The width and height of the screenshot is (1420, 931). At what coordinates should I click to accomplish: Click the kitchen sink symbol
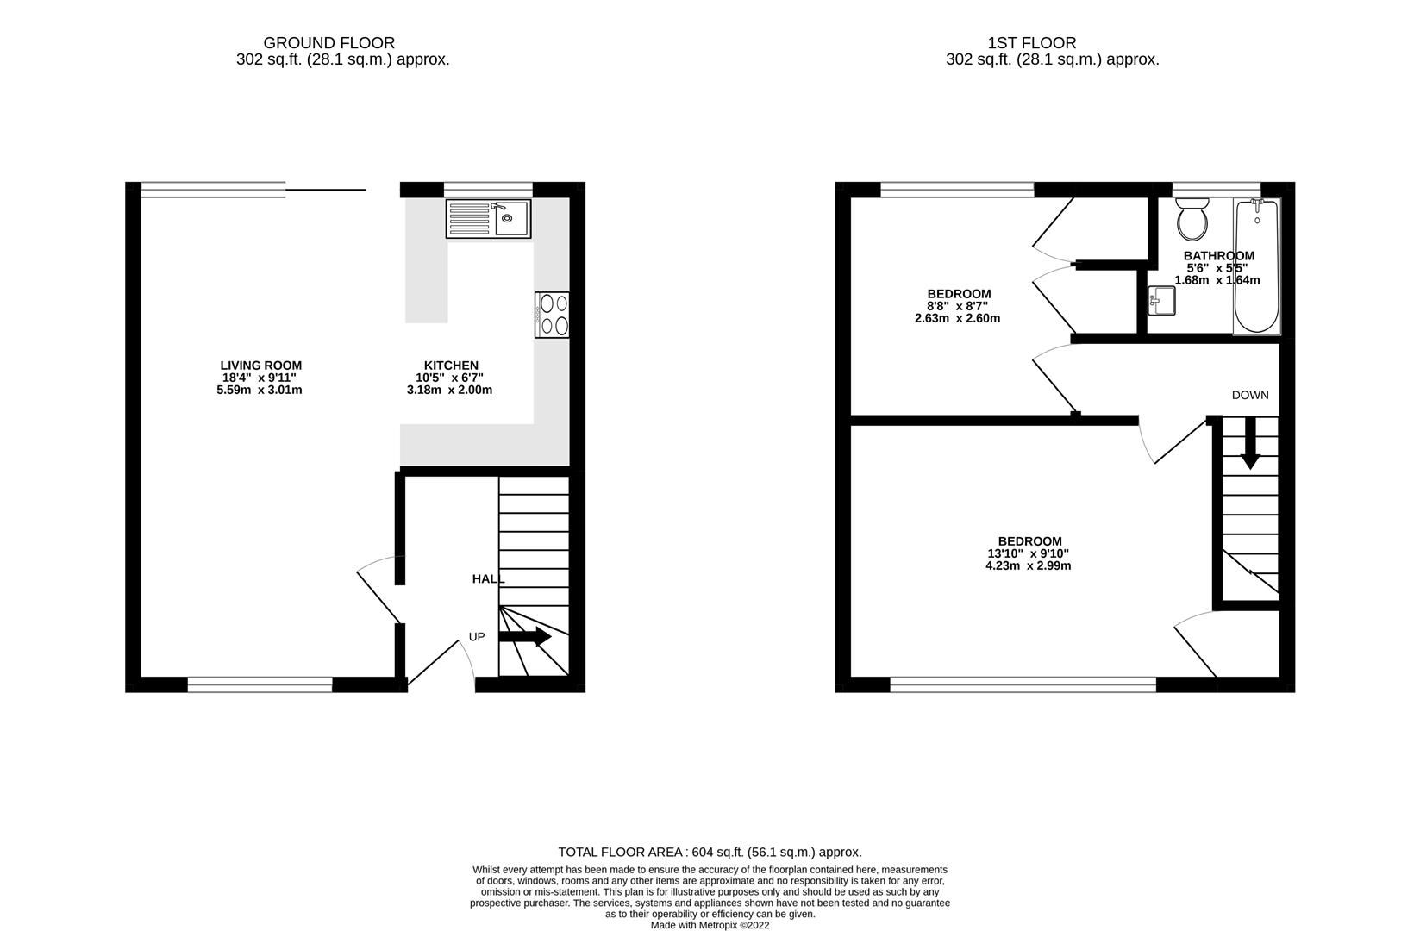tap(488, 218)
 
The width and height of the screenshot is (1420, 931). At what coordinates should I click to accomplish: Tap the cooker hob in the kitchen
tap(553, 315)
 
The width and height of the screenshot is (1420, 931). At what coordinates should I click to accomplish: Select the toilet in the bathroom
tap(1193, 220)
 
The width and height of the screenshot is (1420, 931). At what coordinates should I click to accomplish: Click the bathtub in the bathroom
tap(1257, 266)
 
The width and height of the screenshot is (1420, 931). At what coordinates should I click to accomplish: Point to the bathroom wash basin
tap(1161, 302)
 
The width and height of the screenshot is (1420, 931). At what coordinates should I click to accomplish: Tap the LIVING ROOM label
tap(260, 366)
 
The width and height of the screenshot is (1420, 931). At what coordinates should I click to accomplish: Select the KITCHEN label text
tap(450, 366)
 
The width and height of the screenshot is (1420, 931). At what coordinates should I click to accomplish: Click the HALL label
tap(487, 579)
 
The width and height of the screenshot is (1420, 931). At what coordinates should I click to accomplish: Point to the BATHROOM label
tap(1218, 256)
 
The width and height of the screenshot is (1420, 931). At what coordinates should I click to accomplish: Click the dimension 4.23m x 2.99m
tap(1029, 566)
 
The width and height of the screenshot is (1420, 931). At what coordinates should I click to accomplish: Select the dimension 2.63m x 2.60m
tap(957, 318)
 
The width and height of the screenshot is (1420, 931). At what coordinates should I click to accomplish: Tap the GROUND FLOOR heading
tap(328, 42)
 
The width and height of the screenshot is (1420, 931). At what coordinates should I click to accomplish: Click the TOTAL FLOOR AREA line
tap(710, 852)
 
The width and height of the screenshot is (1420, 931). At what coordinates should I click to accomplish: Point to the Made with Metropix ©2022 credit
tap(710, 925)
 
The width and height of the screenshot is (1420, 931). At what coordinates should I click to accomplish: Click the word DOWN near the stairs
tap(1249, 396)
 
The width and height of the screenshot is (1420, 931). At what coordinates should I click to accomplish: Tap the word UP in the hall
tap(477, 637)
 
